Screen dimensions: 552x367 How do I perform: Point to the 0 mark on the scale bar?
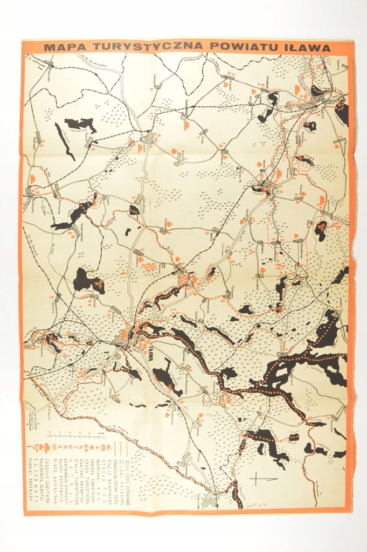tap(49, 434)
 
